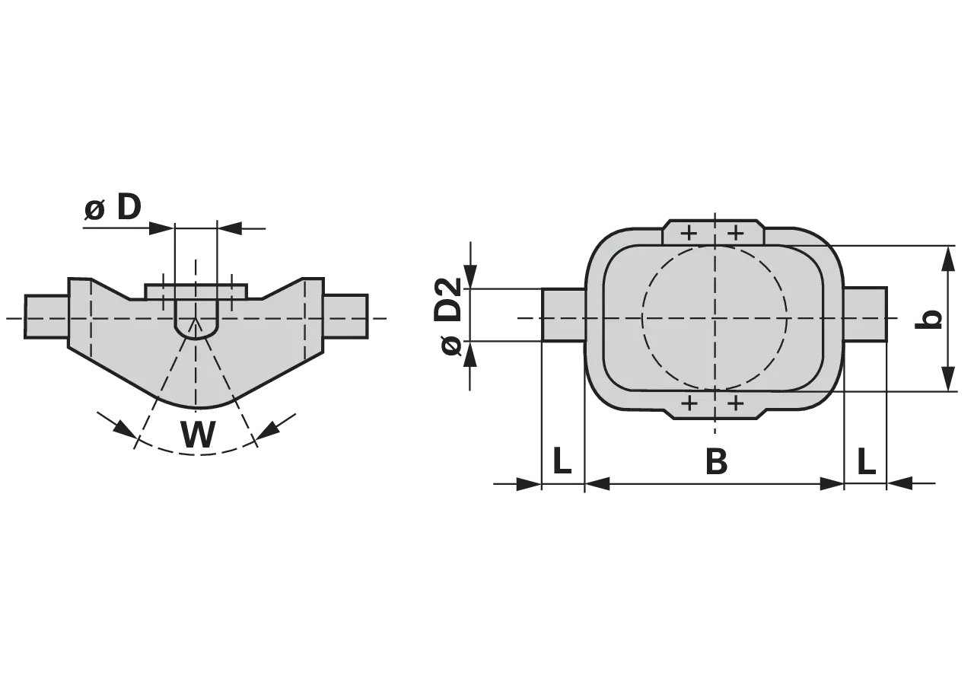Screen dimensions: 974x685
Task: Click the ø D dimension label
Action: click(113, 207)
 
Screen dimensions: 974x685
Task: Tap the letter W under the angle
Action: click(198, 435)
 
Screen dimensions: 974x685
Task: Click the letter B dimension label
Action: click(716, 461)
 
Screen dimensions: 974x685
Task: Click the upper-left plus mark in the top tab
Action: click(689, 234)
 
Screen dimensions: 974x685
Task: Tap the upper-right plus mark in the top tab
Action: click(736, 234)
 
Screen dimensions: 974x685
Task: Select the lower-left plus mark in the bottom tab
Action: click(689, 403)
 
